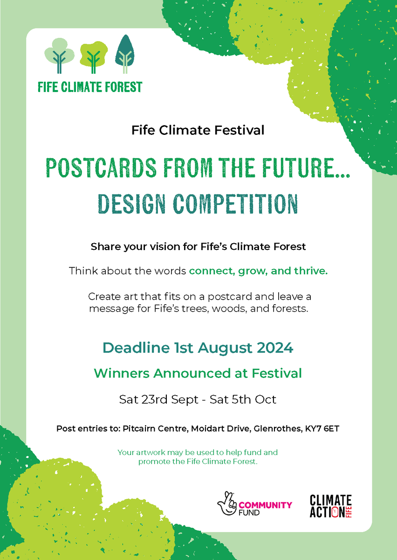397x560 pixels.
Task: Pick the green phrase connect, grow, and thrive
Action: [258, 271]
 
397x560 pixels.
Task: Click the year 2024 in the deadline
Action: [270, 348]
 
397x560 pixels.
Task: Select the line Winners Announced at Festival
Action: [198, 373]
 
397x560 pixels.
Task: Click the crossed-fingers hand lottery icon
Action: [227, 503]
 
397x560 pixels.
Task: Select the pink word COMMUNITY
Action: [266, 505]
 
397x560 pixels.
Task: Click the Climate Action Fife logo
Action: [330, 506]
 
